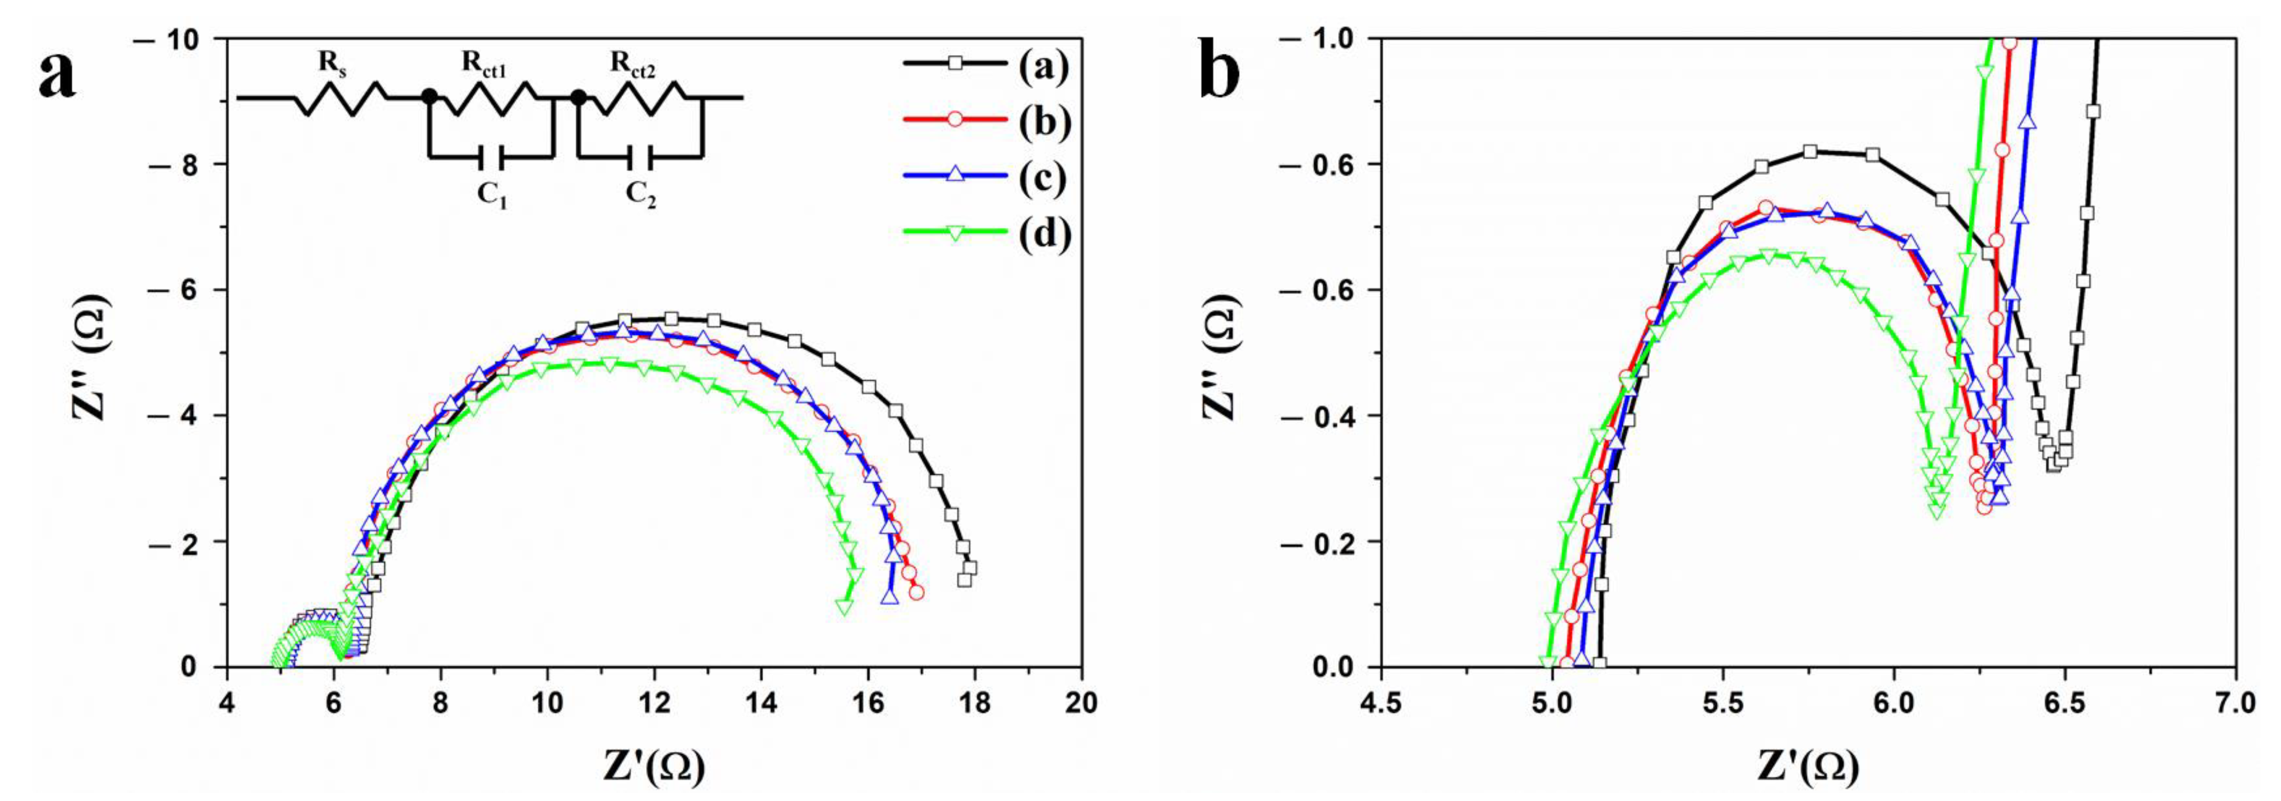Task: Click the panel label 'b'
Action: [1220, 67]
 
